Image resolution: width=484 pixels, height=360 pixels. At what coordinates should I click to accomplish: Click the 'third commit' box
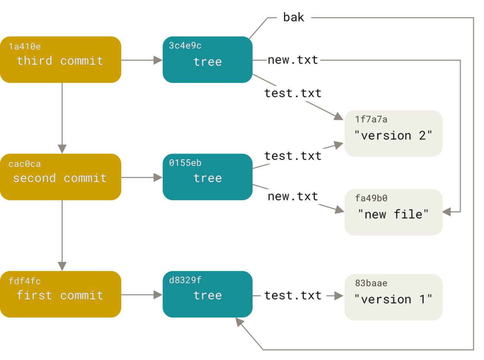point(60,60)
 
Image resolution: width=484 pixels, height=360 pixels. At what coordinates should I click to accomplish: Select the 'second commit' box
point(60,177)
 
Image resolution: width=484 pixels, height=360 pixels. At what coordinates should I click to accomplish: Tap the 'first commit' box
point(60,294)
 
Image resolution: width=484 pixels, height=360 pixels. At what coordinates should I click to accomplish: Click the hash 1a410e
point(25,47)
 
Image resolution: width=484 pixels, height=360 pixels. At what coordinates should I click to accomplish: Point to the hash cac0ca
point(25,164)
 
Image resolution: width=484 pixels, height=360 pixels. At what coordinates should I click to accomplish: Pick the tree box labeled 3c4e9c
point(207,60)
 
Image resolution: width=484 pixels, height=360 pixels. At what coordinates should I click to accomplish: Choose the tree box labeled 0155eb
point(207,177)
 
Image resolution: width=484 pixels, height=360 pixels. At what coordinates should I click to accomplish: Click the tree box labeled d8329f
point(207,294)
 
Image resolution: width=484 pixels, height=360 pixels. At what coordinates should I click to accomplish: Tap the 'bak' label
point(294,18)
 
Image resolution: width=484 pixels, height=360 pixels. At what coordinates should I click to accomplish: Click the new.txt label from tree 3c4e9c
point(293,60)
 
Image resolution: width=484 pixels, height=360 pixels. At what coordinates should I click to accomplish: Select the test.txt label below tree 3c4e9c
point(293,93)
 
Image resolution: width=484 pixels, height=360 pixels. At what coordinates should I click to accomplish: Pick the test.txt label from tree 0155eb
point(293,156)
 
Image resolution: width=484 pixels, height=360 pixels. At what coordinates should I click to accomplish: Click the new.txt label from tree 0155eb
point(293,196)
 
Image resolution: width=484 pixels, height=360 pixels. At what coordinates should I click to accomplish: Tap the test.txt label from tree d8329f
point(293,296)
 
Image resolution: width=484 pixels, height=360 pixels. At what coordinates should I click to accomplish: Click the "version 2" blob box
point(393,133)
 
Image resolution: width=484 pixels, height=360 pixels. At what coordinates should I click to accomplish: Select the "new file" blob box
point(393,212)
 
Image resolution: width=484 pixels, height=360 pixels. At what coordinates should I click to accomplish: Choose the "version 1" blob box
point(393,297)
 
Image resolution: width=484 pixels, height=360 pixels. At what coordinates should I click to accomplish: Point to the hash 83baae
point(371,283)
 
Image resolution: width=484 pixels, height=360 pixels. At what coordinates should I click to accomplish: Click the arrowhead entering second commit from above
point(62,148)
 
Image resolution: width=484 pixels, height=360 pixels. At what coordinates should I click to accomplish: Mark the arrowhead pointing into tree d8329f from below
point(239,323)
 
